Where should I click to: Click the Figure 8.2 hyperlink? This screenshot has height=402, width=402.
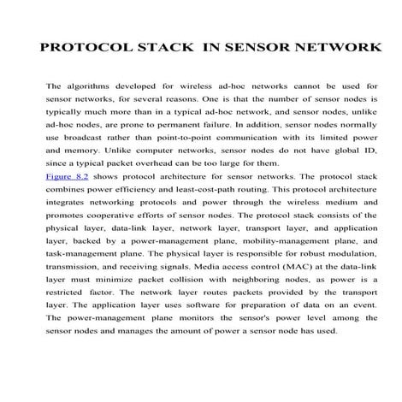point(66,199)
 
